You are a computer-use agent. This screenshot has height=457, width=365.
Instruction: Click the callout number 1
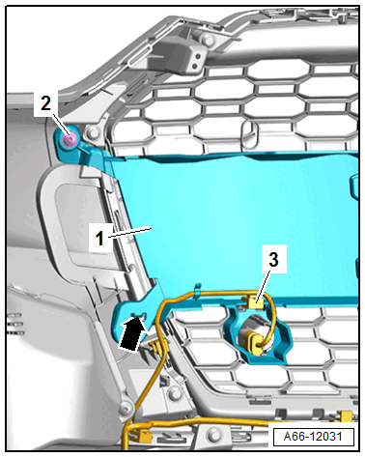[99, 238]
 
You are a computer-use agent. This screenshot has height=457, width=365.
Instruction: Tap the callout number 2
[45, 103]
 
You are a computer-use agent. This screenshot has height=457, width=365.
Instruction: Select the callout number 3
[273, 259]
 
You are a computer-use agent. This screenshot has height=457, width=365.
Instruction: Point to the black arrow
[132, 334]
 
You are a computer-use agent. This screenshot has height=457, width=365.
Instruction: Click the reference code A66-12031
[313, 437]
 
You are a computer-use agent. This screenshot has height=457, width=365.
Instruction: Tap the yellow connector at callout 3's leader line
[256, 302]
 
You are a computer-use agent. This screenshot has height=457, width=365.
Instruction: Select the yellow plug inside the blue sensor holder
[254, 344]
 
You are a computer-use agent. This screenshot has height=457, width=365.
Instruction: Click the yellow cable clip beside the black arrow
[157, 347]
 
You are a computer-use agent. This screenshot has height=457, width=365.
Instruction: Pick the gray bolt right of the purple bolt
[92, 132]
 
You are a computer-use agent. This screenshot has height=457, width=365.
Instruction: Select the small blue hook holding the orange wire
[198, 288]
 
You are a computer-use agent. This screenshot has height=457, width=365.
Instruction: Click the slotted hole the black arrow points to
[140, 315]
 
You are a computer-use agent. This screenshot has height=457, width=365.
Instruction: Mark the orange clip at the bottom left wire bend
[145, 437]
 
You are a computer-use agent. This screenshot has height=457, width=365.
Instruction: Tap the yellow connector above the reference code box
[346, 416]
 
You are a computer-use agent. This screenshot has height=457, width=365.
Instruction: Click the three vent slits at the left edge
[16, 324]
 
